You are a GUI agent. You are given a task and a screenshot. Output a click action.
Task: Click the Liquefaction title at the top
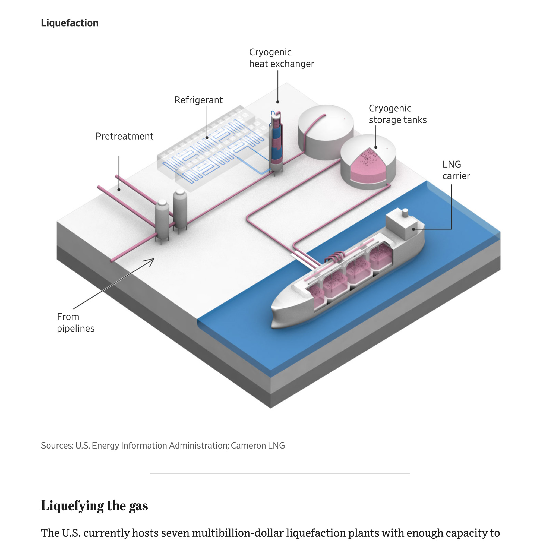(x=70, y=23)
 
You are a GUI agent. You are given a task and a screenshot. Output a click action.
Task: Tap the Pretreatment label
(x=124, y=136)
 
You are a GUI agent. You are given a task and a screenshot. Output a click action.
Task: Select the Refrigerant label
(x=198, y=100)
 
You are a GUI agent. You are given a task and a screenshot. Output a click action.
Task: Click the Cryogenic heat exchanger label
(x=281, y=58)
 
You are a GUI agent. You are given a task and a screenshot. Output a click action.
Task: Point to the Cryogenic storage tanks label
(x=397, y=114)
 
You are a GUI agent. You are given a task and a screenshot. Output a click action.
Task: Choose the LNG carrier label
(x=456, y=170)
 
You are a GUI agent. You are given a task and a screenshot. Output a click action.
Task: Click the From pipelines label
(x=75, y=322)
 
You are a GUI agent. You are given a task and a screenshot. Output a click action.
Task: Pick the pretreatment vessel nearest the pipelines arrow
(x=162, y=219)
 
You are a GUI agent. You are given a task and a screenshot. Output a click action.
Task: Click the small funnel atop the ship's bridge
(x=405, y=213)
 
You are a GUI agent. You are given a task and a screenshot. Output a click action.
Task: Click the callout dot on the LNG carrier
(x=413, y=229)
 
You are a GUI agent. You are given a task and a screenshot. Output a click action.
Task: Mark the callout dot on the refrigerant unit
(x=207, y=138)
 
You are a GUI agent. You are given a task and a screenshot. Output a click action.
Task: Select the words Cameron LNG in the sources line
(x=258, y=446)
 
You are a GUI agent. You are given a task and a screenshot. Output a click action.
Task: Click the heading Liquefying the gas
(x=94, y=506)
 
